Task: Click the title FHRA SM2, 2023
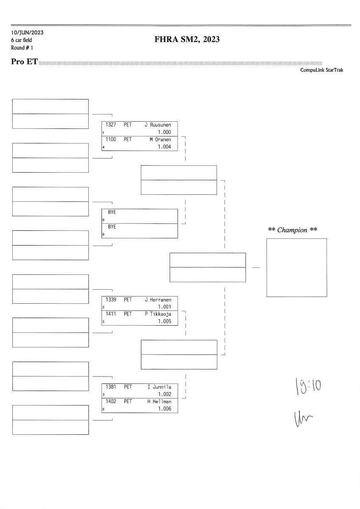(x=187, y=40)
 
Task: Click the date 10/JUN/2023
(x=27, y=33)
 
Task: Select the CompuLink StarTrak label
(x=321, y=70)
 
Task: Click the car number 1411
(x=111, y=314)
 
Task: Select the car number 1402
(x=111, y=401)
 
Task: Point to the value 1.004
(x=164, y=147)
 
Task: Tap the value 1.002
(x=164, y=394)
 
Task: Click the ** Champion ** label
(x=293, y=230)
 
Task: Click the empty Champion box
(x=296, y=267)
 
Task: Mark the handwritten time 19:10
(x=308, y=386)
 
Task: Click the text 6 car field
(x=22, y=40)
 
